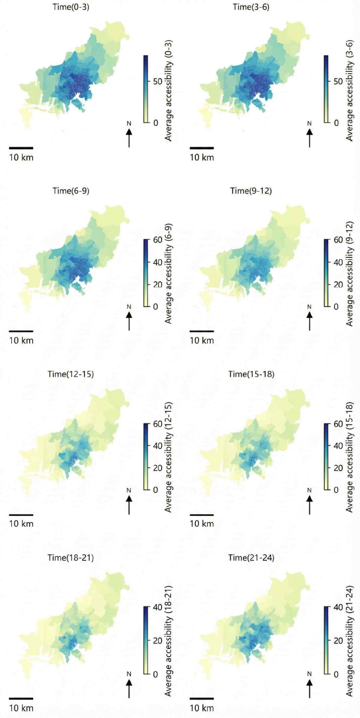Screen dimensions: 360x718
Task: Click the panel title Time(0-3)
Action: (x=71, y=7)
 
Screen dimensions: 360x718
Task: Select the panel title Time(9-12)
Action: (x=251, y=191)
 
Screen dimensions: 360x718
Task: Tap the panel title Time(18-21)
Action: (x=71, y=558)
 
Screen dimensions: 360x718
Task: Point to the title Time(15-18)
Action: (x=251, y=374)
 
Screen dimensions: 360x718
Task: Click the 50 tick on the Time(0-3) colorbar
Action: (x=157, y=81)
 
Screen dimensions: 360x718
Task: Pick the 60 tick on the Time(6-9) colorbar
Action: (x=157, y=239)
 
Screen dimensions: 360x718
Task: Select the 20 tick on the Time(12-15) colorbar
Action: (x=157, y=468)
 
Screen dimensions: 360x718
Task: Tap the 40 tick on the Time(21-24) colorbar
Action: (x=338, y=607)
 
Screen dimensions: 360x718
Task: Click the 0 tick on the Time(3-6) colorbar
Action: (x=336, y=123)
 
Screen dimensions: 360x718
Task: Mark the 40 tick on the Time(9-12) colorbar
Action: (x=338, y=262)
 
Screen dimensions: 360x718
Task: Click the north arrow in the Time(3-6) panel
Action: (x=309, y=138)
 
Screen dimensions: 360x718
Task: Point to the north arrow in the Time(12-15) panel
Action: (x=129, y=505)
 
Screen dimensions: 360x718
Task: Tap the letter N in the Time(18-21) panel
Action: (x=129, y=674)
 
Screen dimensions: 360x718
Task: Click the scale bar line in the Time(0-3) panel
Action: (x=21, y=148)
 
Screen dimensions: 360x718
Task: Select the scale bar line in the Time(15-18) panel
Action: (x=201, y=515)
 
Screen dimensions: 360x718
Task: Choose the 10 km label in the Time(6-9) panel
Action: (x=21, y=341)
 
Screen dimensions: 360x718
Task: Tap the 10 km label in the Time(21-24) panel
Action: (x=201, y=708)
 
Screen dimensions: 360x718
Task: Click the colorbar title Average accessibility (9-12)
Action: (x=349, y=274)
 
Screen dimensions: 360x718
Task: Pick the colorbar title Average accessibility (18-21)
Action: (x=169, y=641)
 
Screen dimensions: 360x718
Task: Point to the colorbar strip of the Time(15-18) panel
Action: (x=326, y=457)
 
